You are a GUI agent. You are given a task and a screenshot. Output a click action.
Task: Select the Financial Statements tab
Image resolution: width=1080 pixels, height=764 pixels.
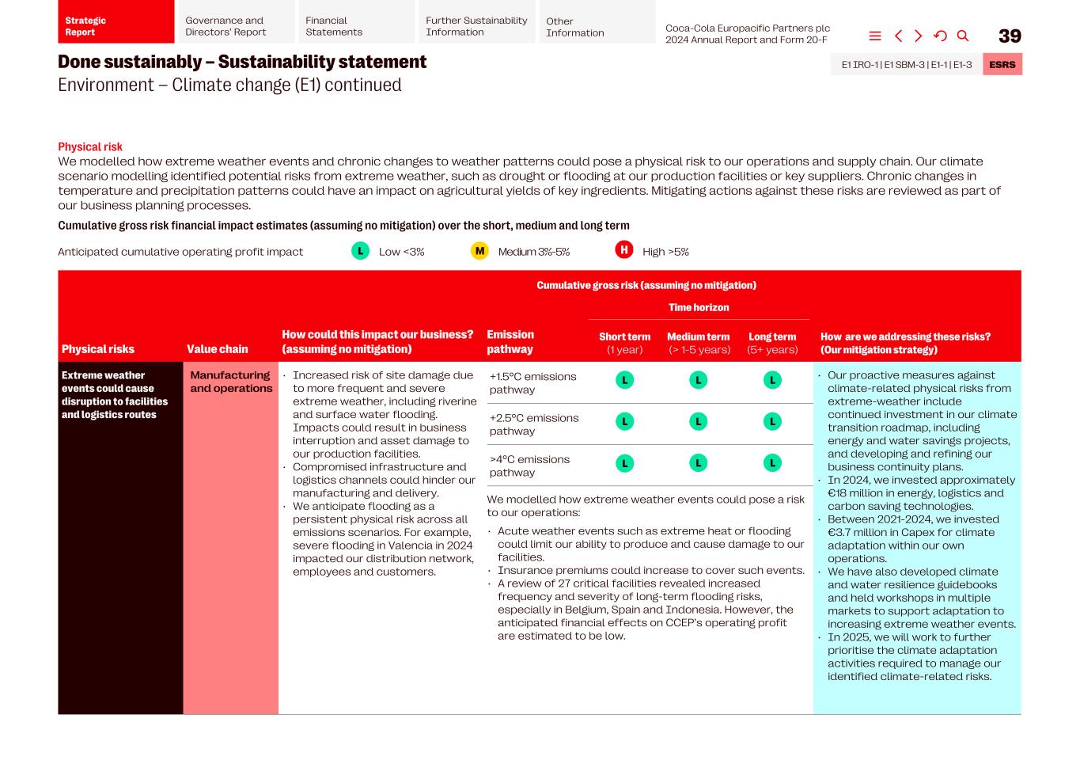click(354, 26)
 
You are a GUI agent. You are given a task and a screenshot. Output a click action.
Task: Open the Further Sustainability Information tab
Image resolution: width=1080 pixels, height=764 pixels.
click(476, 26)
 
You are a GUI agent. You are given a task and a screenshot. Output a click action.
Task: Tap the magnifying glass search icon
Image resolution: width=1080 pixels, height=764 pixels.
click(963, 36)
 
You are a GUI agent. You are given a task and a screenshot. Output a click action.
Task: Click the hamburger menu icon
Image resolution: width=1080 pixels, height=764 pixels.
click(875, 36)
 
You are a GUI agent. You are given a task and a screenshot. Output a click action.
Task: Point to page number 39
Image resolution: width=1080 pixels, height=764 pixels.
click(1010, 36)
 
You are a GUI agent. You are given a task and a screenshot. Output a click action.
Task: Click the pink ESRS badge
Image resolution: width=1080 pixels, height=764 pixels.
click(1002, 64)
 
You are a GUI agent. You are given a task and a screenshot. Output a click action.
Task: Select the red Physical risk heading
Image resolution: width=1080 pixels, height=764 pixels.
click(90, 146)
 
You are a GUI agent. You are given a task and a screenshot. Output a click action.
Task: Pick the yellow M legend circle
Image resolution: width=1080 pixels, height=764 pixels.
click(479, 251)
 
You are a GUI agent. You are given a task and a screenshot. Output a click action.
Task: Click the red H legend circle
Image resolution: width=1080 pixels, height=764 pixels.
click(623, 250)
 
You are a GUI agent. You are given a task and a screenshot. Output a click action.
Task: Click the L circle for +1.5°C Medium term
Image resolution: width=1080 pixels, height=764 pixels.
click(698, 380)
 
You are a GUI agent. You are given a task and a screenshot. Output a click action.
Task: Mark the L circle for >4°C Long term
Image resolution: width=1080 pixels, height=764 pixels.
click(772, 463)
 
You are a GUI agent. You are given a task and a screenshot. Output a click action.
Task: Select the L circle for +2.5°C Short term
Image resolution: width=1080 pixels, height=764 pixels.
click(624, 422)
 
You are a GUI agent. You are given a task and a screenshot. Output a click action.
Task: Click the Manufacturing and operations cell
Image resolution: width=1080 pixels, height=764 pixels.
click(230, 382)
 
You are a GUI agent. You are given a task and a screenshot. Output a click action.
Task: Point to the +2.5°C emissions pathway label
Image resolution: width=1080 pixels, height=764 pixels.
click(533, 424)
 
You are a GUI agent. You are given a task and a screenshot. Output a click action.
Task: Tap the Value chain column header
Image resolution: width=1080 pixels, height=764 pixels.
click(217, 349)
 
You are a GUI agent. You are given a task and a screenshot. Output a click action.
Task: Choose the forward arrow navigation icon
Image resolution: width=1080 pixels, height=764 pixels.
click(918, 36)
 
